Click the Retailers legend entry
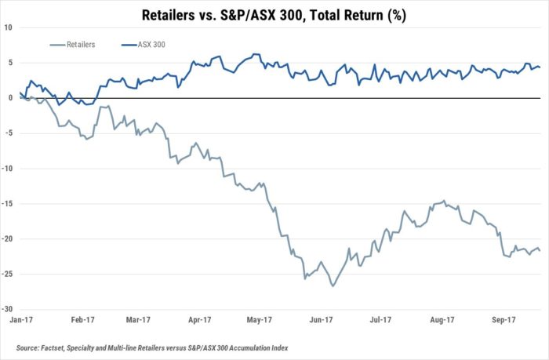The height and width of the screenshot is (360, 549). point(73,45)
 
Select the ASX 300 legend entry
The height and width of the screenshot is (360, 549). point(144,45)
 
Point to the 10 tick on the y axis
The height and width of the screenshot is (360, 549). point(8,27)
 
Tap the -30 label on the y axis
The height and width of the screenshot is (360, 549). point(7,309)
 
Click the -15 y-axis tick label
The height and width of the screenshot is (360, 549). point(7,204)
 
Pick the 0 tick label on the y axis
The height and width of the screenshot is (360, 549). point(10,98)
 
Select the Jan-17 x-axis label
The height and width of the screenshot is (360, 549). point(21,320)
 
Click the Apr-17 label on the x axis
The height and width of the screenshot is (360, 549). point(199,320)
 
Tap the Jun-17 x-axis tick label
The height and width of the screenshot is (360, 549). point(321,320)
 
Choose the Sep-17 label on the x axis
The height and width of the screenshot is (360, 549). point(504,320)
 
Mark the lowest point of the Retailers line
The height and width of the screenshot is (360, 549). point(333,286)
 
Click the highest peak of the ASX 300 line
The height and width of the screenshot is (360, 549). point(254,54)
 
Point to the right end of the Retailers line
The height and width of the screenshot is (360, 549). point(540,250)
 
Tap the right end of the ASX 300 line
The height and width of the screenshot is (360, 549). point(540,67)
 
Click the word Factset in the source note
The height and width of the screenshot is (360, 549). point(52,348)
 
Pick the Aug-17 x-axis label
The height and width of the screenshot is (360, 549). point(442,320)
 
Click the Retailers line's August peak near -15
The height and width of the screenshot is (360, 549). point(444,201)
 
